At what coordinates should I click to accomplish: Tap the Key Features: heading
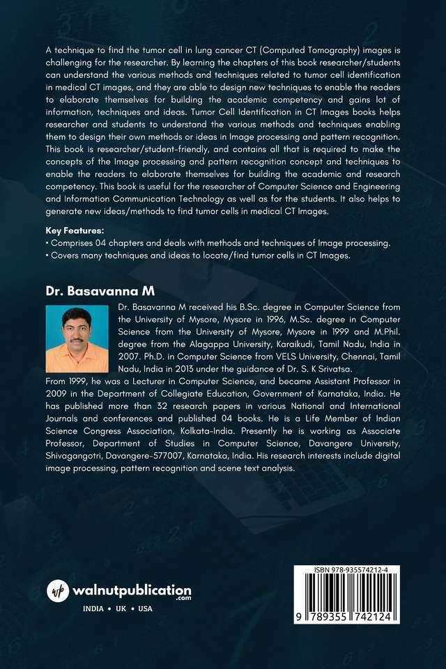(x=75, y=229)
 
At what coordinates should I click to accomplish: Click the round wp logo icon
(x=58, y=591)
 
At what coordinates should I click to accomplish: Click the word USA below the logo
(x=146, y=608)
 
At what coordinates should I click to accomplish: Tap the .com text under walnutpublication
(x=183, y=599)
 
